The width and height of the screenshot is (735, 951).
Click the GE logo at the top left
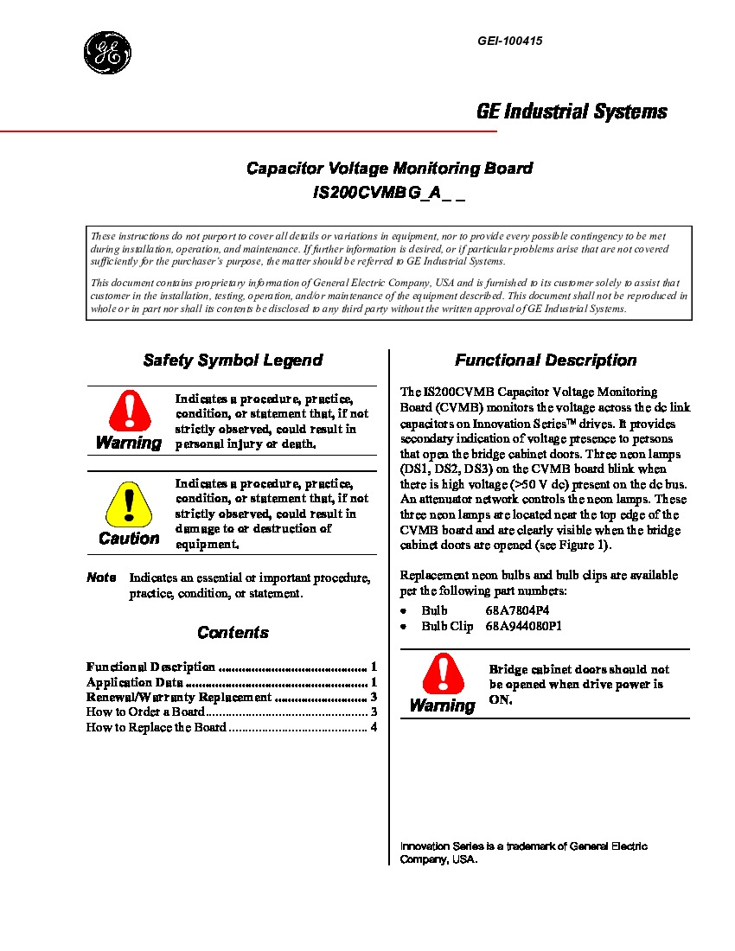(x=108, y=52)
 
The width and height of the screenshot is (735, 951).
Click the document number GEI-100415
(x=509, y=41)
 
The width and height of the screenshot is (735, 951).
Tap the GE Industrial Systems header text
(x=572, y=112)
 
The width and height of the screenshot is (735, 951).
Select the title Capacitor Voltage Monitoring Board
(x=389, y=169)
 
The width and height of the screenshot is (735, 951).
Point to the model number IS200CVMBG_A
(x=389, y=195)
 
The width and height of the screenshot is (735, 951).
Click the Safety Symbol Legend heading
(x=233, y=361)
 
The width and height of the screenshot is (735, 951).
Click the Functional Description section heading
(x=546, y=361)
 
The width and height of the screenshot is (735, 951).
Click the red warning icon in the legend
(x=129, y=411)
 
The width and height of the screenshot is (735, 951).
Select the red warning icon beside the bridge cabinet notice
(x=442, y=673)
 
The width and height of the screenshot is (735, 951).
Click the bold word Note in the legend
(x=101, y=578)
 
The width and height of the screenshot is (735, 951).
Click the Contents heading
(x=233, y=633)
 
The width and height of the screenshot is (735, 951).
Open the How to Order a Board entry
(x=145, y=712)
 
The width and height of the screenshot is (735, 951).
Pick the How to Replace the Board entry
(x=156, y=728)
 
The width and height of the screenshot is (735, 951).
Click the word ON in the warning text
(x=501, y=700)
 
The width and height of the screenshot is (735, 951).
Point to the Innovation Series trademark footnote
(x=523, y=852)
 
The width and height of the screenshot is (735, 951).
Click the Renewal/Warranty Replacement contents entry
(x=178, y=698)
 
